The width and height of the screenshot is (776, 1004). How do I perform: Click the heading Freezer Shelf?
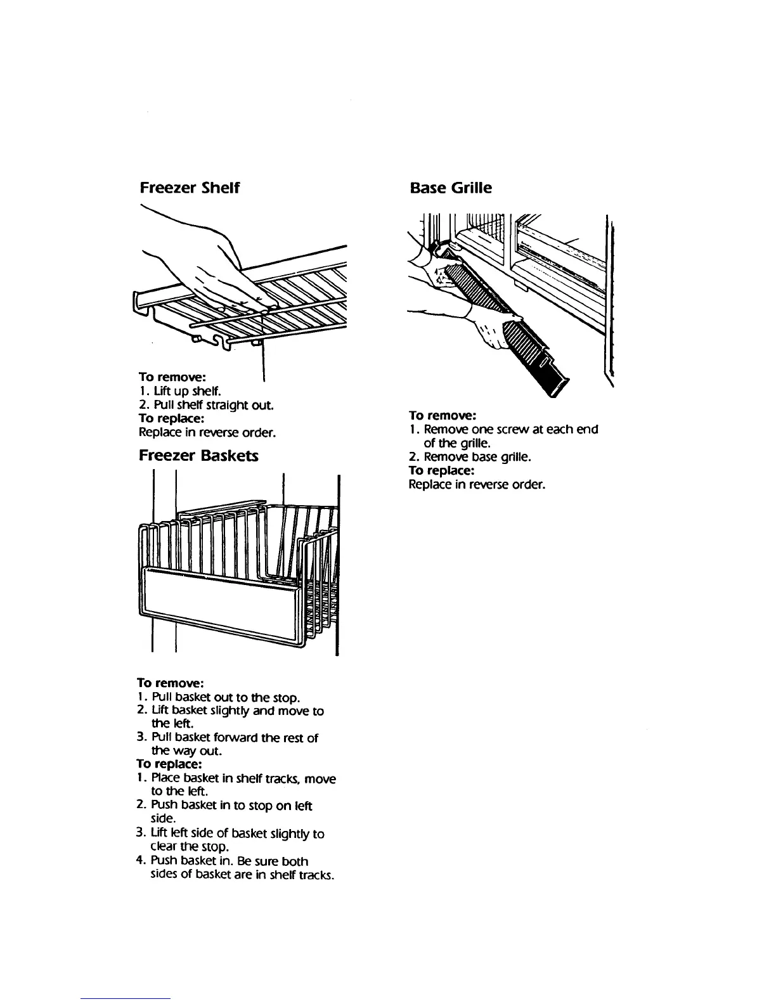[189, 188]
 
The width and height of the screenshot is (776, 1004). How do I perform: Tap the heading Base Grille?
[450, 188]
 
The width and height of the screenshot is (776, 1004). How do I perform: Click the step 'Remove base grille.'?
[477, 457]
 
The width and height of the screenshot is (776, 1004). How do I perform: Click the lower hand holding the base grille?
[491, 330]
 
